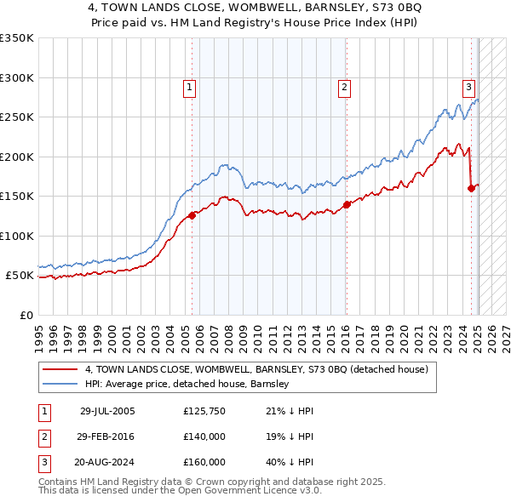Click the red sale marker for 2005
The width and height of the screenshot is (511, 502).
click(x=192, y=215)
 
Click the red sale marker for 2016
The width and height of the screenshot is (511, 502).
click(x=347, y=204)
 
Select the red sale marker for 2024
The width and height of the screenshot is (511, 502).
click(x=471, y=188)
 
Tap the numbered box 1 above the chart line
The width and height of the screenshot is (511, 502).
click(x=188, y=86)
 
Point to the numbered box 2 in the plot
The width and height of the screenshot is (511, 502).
click(x=343, y=86)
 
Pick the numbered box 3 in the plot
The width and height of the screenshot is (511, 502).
click(x=468, y=86)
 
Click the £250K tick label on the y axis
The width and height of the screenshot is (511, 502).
click(x=17, y=117)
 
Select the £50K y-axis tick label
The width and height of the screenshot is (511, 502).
click(x=20, y=276)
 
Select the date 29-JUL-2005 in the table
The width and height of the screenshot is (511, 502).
click(x=107, y=411)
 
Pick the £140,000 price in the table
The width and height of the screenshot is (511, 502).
click(x=204, y=436)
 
